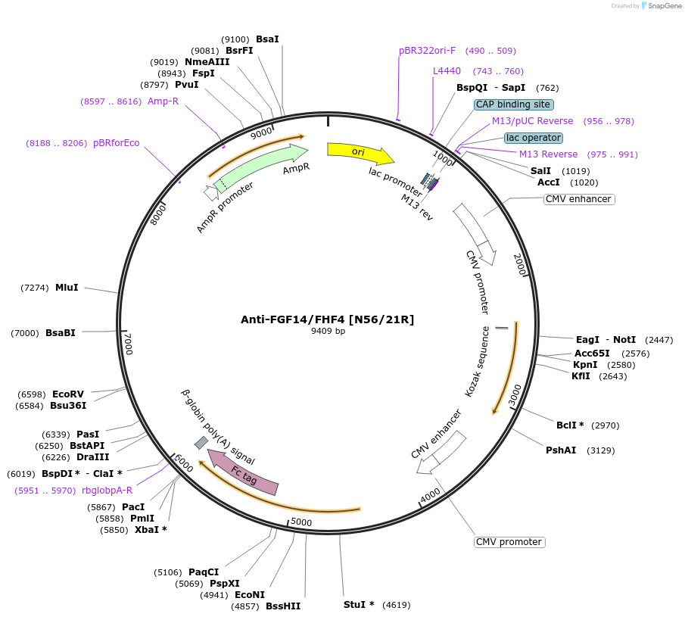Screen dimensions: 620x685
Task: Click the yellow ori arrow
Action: (360, 153)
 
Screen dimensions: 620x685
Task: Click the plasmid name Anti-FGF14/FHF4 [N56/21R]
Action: (328, 319)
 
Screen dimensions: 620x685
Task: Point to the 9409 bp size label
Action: (328, 331)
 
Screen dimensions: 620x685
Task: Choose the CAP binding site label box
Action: (514, 104)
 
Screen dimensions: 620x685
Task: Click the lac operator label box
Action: (534, 138)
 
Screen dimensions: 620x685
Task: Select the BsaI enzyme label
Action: (267, 39)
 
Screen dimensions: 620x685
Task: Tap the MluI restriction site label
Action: (67, 288)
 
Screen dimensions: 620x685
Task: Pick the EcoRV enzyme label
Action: (68, 394)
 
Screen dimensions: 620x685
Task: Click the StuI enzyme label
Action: (359, 604)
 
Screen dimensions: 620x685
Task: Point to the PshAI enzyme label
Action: (561, 450)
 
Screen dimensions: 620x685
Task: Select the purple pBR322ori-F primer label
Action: (428, 51)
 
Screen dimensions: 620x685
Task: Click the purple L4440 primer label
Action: (447, 71)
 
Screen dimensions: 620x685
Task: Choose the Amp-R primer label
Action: (163, 101)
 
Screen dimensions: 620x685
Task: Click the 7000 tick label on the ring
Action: (128, 343)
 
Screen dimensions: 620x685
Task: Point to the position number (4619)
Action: (396, 604)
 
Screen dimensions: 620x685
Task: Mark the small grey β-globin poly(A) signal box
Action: (201, 442)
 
